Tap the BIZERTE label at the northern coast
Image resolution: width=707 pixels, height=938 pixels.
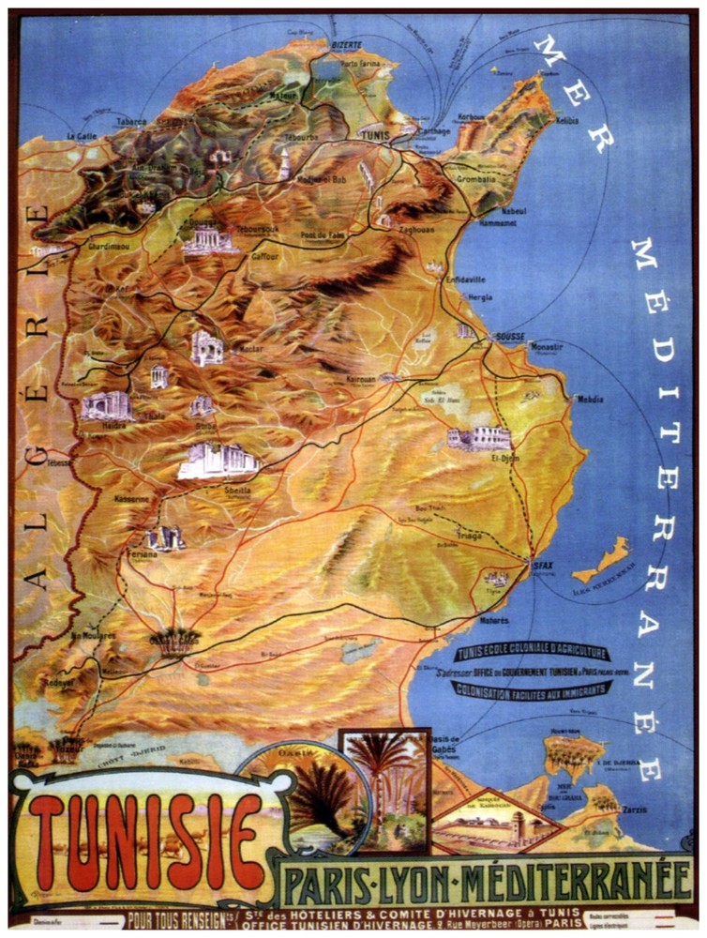point(345,44)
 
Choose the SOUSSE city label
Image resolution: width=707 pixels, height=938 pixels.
point(509,335)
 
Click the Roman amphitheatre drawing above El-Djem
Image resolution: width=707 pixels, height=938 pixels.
point(479,438)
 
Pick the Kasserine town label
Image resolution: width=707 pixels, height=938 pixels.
point(132,500)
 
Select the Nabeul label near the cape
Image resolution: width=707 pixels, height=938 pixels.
point(514,211)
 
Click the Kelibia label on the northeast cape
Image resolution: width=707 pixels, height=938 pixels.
point(566,121)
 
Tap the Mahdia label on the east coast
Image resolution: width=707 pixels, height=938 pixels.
point(591,400)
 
